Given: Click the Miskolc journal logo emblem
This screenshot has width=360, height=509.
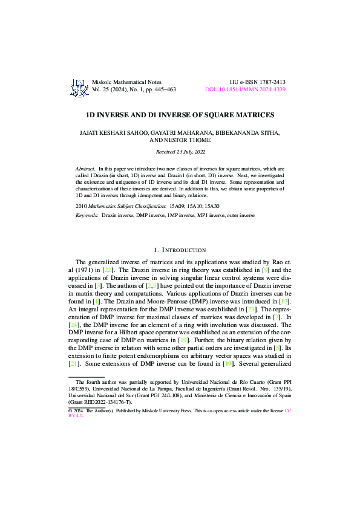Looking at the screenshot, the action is (79, 87).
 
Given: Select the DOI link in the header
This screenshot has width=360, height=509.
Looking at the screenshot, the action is (245, 89).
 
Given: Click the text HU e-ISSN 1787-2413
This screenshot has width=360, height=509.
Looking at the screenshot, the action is (258, 82).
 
